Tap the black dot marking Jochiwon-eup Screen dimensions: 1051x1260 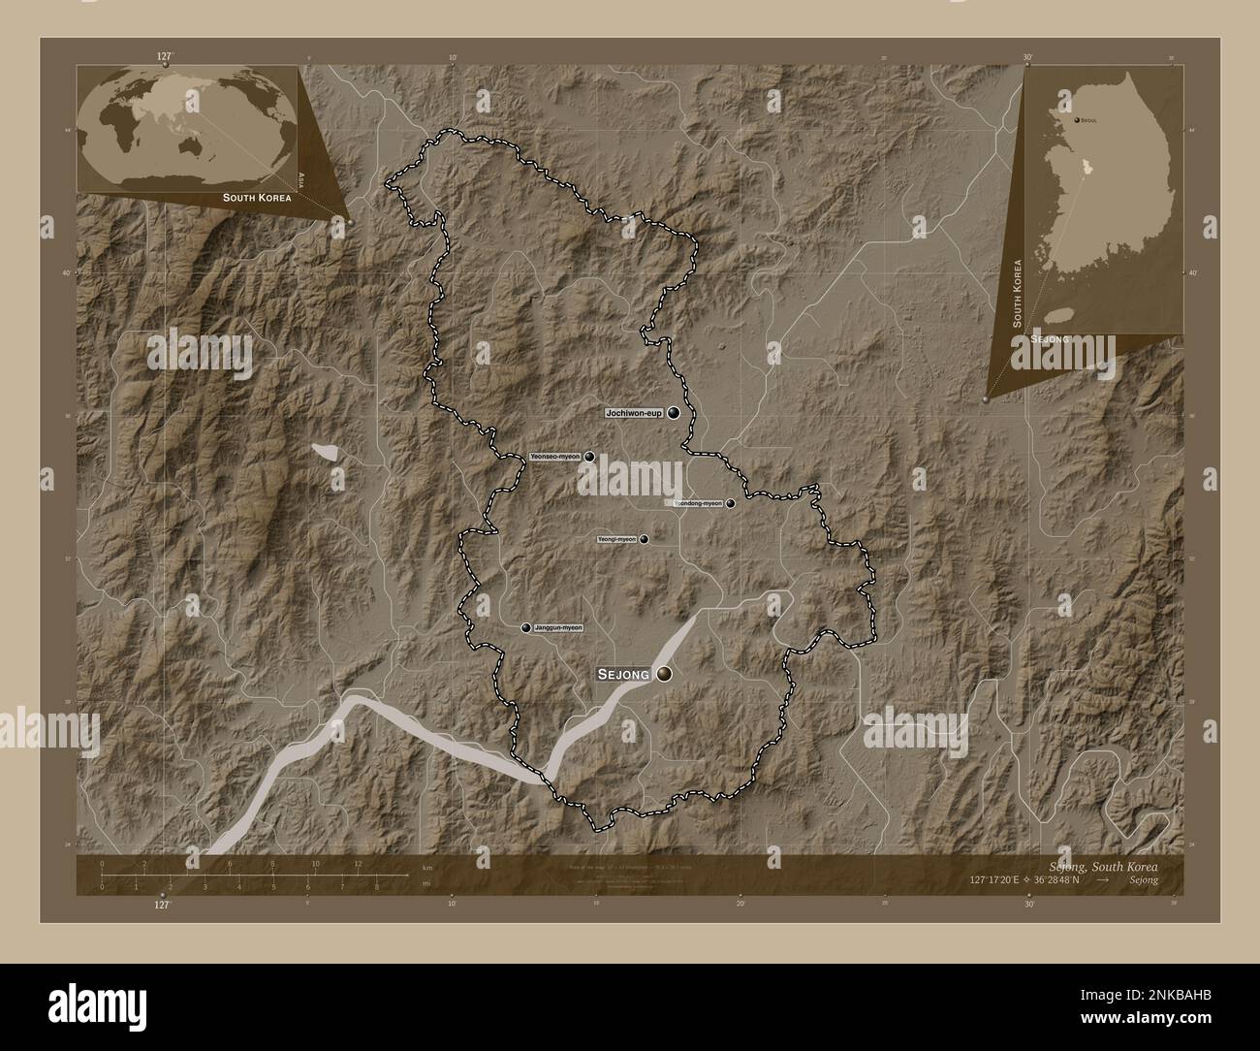[673, 413]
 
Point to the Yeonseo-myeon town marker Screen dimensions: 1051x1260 [588, 457]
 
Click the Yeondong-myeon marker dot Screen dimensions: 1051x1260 [730, 504]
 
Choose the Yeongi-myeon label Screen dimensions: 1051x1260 [615, 539]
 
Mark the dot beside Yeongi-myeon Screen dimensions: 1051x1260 [643, 539]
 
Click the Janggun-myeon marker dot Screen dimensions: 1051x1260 [526, 628]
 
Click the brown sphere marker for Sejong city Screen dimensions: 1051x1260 [665, 674]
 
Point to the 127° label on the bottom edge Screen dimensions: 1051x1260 [162, 905]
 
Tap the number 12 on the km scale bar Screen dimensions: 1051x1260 [358, 864]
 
